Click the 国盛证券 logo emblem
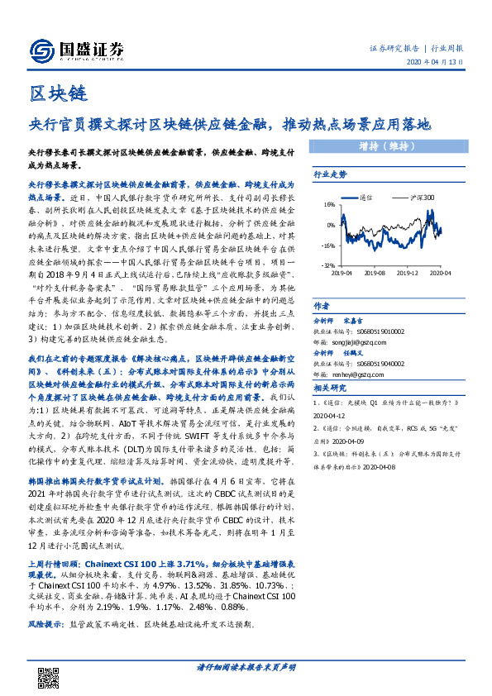(42, 50)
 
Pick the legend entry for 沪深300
(404, 198)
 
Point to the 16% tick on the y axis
(329, 203)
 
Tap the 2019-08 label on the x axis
(375, 272)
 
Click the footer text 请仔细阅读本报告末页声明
(246, 666)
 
